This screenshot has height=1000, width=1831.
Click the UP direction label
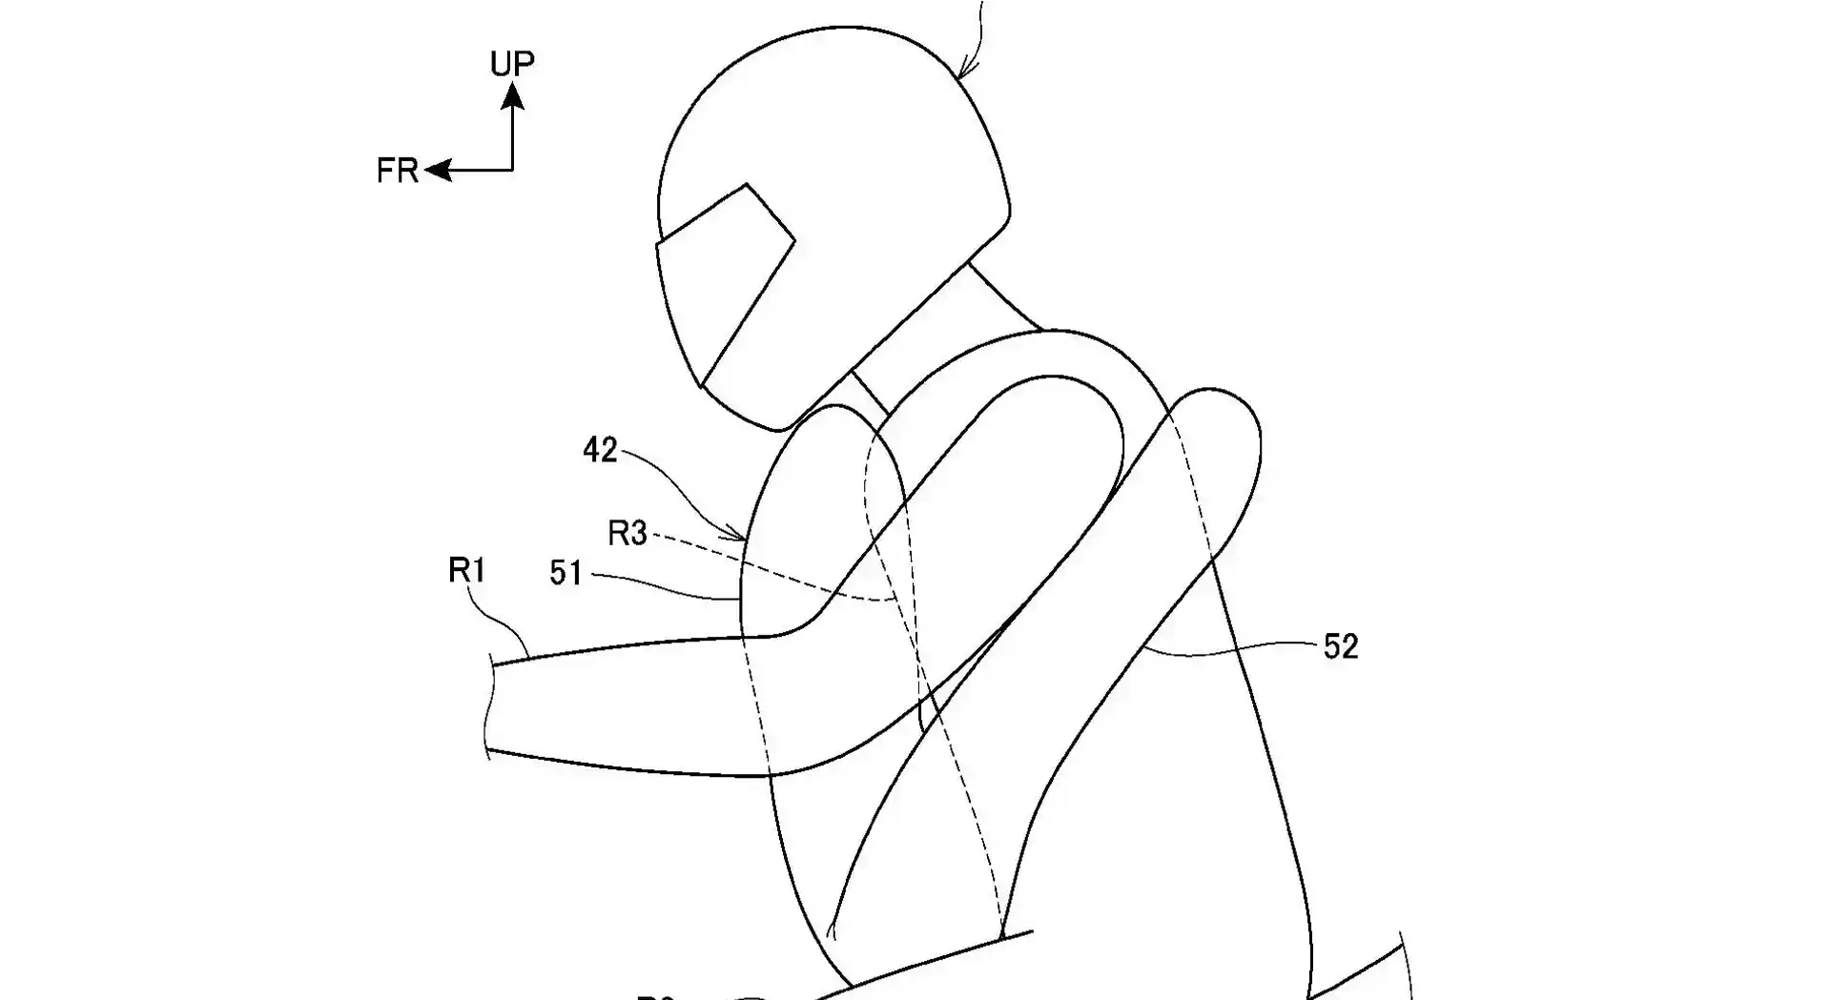click(x=512, y=63)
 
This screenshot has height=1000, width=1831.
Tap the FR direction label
click(x=397, y=171)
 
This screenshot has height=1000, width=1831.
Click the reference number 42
click(x=600, y=450)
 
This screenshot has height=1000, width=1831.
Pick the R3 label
click(x=627, y=534)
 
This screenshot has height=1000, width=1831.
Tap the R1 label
click(x=467, y=570)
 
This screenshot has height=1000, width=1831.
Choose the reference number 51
click(x=566, y=572)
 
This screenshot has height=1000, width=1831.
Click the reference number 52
click(x=1340, y=647)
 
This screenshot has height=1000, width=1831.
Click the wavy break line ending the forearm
click(x=492, y=705)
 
